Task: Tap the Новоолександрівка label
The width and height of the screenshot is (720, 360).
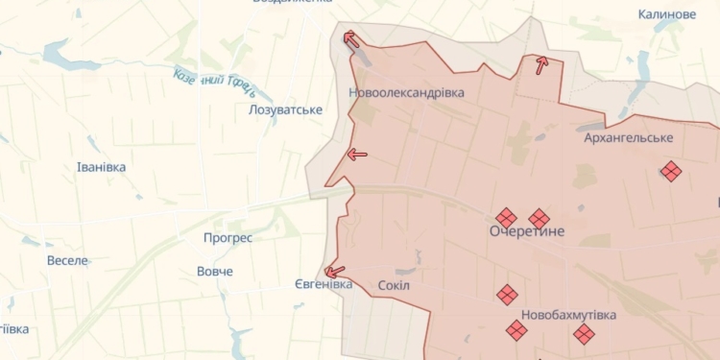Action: [x=406, y=93]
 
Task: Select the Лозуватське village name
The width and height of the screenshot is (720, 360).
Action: [x=285, y=110]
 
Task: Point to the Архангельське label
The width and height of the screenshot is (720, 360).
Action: [x=629, y=138]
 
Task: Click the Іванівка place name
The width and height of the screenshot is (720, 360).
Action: [x=101, y=167]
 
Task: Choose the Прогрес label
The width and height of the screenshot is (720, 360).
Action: [x=228, y=237]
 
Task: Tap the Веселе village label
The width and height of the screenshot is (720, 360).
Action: [x=67, y=260]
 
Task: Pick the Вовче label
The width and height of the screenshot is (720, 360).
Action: [x=215, y=272]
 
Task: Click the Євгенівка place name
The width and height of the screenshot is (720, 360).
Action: [x=324, y=284]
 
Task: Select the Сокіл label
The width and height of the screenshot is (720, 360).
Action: [x=394, y=285]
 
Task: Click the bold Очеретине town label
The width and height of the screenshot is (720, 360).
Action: [x=527, y=232]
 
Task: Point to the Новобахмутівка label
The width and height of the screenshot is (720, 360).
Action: [x=568, y=314]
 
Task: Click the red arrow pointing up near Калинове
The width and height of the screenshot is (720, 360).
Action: [x=541, y=65]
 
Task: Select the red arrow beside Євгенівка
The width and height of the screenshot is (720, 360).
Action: [x=335, y=272]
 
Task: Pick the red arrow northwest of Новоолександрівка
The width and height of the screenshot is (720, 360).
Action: [x=351, y=39]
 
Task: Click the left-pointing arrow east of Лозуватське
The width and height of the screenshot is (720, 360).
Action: [x=357, y=154]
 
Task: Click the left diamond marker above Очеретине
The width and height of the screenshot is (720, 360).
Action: [x=506, y=218]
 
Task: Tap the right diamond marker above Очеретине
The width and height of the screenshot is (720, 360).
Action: [x=540, y=219]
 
